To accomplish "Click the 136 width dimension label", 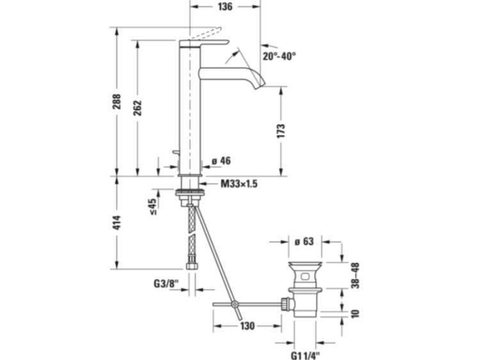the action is click(x=225, y=6).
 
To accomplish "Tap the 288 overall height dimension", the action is click(x=116, y=102).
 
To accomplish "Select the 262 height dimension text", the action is click(x=138, y=107).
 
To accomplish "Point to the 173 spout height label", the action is click(x=281, y=131).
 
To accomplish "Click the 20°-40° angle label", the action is click(x=279, y=56).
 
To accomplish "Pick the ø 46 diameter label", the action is click(x=221, y=161).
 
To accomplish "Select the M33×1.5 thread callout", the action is click(x=239, y=184).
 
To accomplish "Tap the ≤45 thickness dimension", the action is click(x=152, y=207).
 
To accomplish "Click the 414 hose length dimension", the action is click(x=116, y=223).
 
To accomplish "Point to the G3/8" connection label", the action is click(x=166, y=284).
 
